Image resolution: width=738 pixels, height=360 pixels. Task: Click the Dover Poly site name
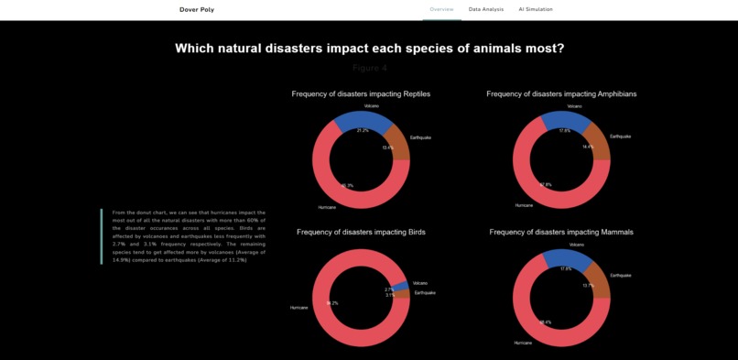[197, 9]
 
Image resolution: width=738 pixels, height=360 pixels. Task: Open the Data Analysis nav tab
[486, 9]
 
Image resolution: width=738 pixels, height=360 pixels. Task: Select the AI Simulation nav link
[536, 9]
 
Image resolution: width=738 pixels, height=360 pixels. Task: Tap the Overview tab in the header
[442, 9]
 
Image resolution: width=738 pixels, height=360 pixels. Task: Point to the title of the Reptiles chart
[361, 94]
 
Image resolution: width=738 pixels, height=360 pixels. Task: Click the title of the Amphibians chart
[561, 94]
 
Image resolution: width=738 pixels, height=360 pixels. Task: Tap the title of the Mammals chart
[561, 232]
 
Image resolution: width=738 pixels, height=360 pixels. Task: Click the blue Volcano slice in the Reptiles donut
[362, 121]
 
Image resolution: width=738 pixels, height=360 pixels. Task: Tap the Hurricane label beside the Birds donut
[299, 308]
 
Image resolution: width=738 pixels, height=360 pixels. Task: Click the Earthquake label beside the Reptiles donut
[419, 137]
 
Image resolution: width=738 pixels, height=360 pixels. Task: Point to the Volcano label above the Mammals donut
[577, 245]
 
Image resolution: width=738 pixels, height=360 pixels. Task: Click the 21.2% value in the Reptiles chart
[363, 131]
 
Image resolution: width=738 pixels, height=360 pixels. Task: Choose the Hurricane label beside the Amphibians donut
[524, 205]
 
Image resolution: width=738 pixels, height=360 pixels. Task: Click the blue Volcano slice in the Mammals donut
[559, 260]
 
